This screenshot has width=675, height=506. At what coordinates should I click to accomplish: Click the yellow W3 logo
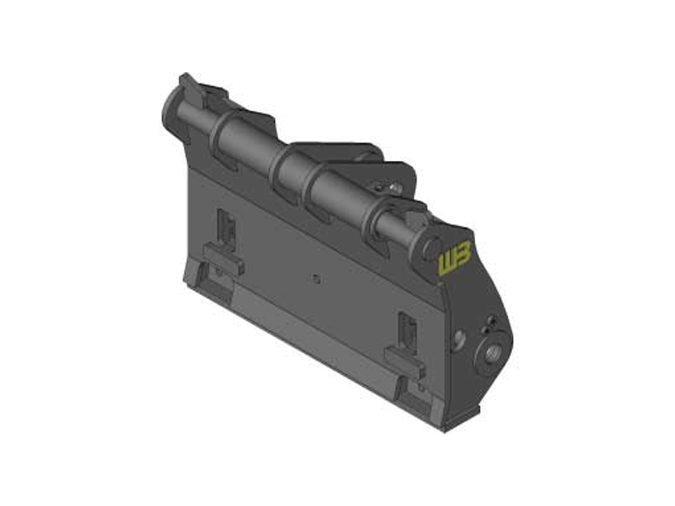(454, 256)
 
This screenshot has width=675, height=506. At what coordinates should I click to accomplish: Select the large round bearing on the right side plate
(492, 354)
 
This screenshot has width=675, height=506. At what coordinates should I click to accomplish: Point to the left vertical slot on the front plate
(226, 228)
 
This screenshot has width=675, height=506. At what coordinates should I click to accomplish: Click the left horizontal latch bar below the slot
(223, 258)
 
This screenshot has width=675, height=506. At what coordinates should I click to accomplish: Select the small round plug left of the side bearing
(459, 339)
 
